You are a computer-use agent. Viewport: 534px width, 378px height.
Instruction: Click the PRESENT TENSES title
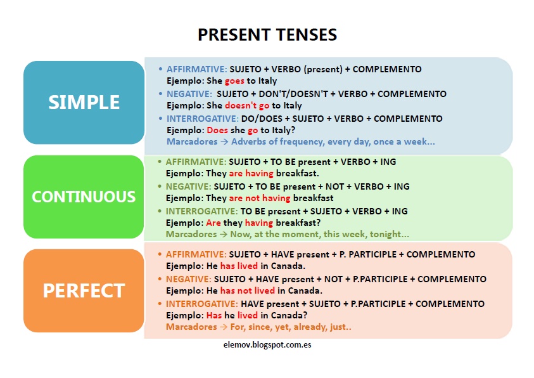point(267,35)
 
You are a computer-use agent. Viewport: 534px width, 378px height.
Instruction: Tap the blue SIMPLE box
point(84,102)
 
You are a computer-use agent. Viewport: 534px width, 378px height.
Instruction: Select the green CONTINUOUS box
point(84,197)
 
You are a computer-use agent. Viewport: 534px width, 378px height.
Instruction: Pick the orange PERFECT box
point(84,290)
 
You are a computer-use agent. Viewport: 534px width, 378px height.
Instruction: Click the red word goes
point(234,81)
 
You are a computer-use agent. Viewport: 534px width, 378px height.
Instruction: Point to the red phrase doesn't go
point(247,105)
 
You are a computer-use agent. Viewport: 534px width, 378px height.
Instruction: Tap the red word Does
point(217,130)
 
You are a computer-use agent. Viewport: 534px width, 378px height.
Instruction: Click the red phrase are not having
point(260,198)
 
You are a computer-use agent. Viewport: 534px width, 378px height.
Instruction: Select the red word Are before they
point(213,223)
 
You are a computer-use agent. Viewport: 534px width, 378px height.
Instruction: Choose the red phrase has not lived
point(248,290)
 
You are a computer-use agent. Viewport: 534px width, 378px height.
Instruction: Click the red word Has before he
point(214,315)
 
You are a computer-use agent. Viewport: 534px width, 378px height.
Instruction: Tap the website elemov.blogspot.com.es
point(267,345)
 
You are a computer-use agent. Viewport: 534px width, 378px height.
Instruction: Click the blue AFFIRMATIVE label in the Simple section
point(196,69)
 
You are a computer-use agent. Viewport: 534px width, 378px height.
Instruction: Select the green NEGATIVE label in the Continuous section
point(188,186)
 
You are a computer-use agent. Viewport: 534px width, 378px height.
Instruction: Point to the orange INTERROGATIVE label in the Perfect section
point(202,304)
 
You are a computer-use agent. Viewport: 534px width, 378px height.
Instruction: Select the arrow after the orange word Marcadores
point(224,327)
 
